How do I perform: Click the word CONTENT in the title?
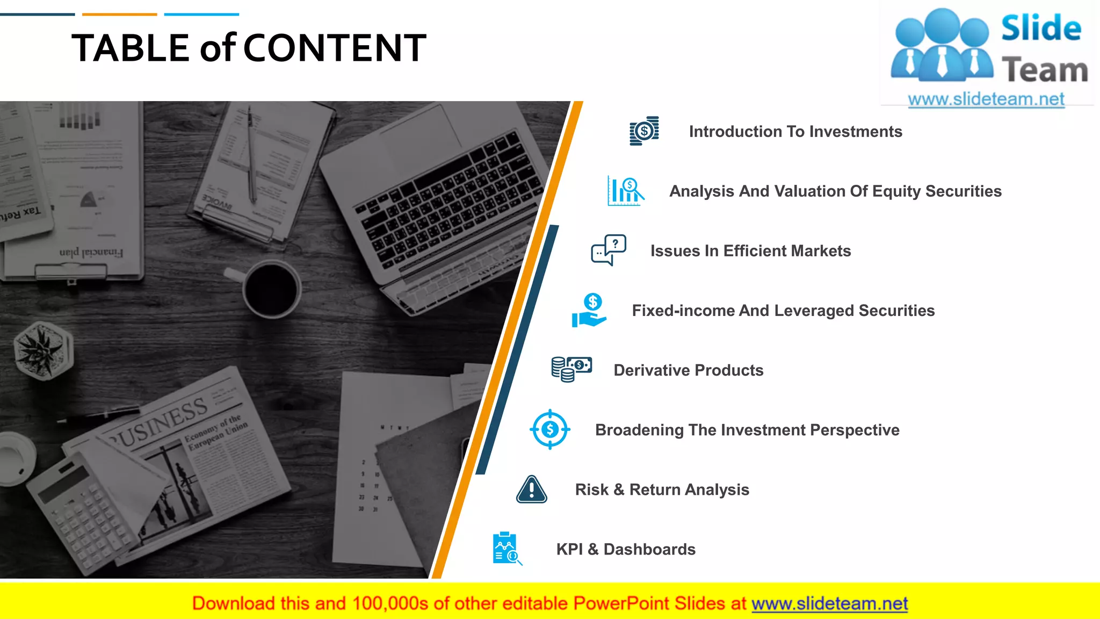pyautogui.click(x=335, y=48)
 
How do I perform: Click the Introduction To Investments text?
pyautogui.click(x=795, y=132)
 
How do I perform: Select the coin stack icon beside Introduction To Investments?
pyautogui.click(x=644, y=131)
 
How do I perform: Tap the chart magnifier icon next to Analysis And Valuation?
pyautogui.click(x=625, y=191)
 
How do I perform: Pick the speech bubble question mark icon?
pyautogui.click(x=609, y=250)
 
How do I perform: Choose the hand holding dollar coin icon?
pyautogui.click(x=590, y=311)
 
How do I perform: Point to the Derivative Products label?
pyautogui.click(x=688, y=370)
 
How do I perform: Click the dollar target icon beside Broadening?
pyautogui.click(x=550, y=429)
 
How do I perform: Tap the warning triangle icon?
pyautogui.click(x=531, y=490)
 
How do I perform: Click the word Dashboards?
pyautogui.click(x=649, y=549)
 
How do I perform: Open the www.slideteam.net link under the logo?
pyautogui.click(x=986, y=99)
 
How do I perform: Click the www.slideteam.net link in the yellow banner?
pyautogui.click(x=829, y=604)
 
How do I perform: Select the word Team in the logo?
pyautogui.click(x=1044, y=70)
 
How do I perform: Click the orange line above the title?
pyautogui.click(x=119, y=15)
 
